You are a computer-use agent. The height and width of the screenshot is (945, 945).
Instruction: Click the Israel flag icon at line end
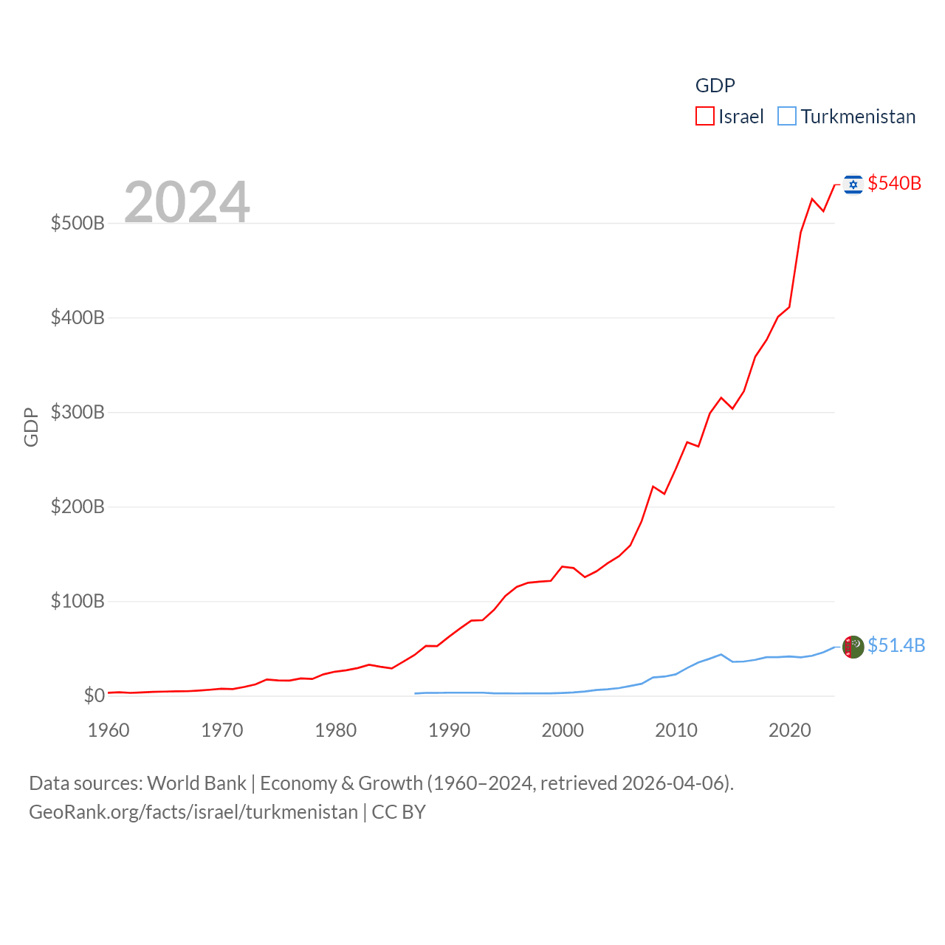(x=853, y=184)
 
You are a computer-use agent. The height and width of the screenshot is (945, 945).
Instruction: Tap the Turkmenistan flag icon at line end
(x=853, y=647)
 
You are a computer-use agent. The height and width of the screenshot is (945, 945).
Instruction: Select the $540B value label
(x=894, y=183)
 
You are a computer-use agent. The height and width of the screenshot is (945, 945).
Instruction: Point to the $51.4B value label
(x=896, y=645)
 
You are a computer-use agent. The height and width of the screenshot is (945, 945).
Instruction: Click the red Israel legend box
(x=705, y=117)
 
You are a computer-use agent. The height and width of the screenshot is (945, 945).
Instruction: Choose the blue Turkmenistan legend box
(x=787, y=117)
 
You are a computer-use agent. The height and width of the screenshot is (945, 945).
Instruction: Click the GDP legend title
(x=715, y=86)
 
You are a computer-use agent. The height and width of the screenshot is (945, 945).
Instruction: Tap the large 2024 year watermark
(x=187, y=202)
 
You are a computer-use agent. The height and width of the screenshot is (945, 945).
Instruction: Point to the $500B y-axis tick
(x=78, y=223)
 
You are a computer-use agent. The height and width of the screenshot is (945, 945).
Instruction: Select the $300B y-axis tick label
(x=78, y=412)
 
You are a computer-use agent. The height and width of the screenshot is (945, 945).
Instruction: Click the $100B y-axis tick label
(x=78, y=601)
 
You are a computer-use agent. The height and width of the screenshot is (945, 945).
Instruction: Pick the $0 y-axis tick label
(x=94, y=695)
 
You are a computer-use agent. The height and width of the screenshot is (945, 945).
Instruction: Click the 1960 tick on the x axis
(x=109, y=730)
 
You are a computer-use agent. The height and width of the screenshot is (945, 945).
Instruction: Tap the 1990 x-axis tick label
(x=449, y=730)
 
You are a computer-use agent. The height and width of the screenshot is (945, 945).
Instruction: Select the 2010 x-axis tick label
(x=676, y=730)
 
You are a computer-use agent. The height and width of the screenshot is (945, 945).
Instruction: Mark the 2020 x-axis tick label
(x=789, y=730)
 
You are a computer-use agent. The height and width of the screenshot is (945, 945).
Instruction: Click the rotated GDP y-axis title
(x=31, y=427)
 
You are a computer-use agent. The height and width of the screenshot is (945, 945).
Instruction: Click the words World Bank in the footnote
(x=196, y=783)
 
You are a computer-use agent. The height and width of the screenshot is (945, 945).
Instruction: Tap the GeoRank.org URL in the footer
(x=193, y=812)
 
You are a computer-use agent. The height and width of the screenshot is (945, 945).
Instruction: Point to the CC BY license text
(x=399, y=812)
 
